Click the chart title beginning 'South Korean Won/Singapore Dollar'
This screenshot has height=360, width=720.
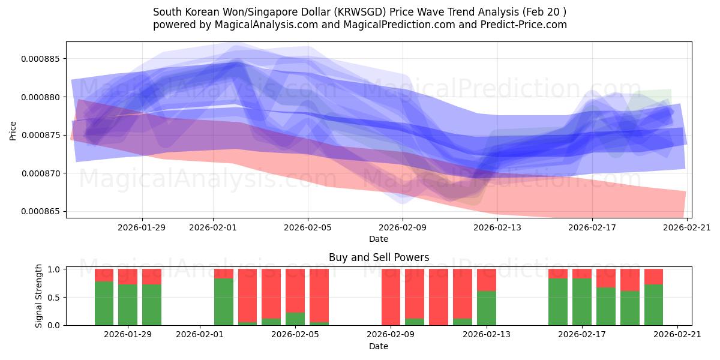pyautogui.click(x=359, y=12)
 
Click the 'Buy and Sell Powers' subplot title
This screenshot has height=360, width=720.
pyautogui.click(x=379, y=257)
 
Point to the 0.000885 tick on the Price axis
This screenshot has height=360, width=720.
pyautogui.click(x=44, y=59)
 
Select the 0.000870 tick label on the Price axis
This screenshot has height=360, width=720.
pyautogui.click(x=44, y=173)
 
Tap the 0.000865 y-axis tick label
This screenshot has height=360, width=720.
pyautogui.click(x=44, y=212)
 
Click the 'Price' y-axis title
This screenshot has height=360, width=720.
pyautogui.click(x=13, y=130)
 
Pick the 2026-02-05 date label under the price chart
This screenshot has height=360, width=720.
pyautogui.click(x=308, y=227)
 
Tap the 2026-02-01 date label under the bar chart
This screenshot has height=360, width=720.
pyautogui.click(x=201, y=334)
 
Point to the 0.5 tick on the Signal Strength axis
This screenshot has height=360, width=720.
pyautogui.click(x=54, y=297)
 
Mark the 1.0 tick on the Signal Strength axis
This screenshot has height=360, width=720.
pyautogui.click(x=54, y=269)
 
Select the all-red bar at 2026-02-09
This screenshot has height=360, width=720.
pyautogui.click(x=391, y=297)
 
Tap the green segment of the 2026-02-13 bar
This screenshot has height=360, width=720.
pyautogui.click(x=487, y=308)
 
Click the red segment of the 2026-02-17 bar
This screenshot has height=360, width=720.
pyautogui.click(x=582, y=274)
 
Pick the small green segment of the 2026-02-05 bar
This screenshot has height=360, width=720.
pyautogui.click(x=295, y=319)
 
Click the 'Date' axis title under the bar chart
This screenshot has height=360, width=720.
pyautogui.click(x=379, y=346)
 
